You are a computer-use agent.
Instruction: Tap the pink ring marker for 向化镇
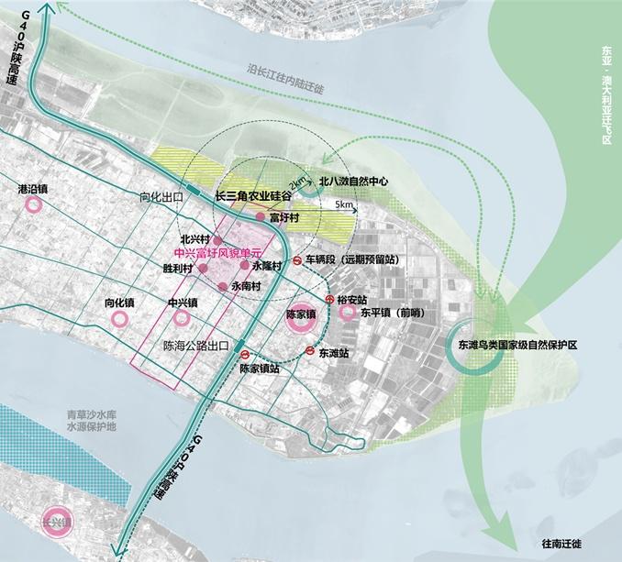pyautogui.click(x=119, y=319)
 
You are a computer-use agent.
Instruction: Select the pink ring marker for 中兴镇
pyautogui.click(x=182, y=318)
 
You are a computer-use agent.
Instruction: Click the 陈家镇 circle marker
pyautogui.click(x=300, y=314)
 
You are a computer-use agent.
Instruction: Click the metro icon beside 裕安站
pyautogui.click(x=329, y=300)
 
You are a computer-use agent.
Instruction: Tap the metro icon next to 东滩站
pyautogui.click(x=311, y=350)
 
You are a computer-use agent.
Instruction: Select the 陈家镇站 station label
pyautogui.click(x=259, y=369)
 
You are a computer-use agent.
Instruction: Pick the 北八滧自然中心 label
pyautogui.click(x=353, y=182)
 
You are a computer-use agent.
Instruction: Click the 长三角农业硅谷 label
pyautogui.click(x=252, y=196)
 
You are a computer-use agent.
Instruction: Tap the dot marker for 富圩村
pyautogui.click(x=260, y=217)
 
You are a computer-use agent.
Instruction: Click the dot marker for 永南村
pyautogui.click(x=222, y=287)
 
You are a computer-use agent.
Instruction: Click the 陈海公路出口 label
pyautogui.click(x=194, y=347)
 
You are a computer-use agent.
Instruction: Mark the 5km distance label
pyautogui.click(x=344, y=204)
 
